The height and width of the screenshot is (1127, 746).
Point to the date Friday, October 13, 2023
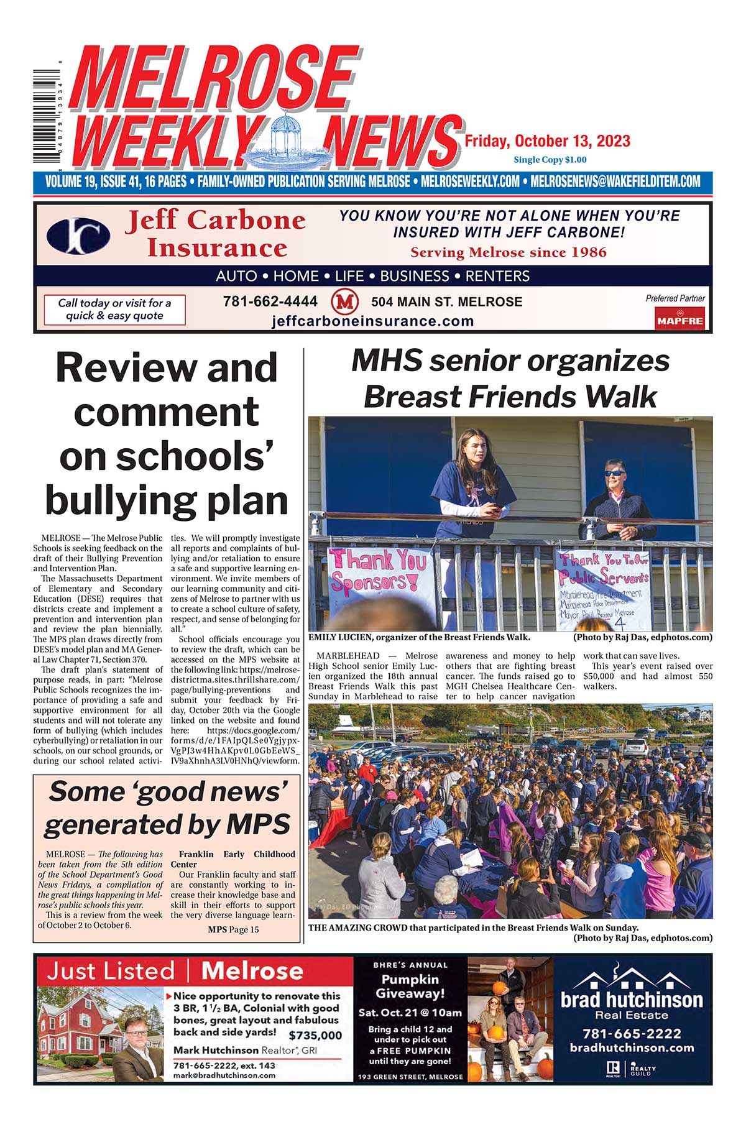point(547,142)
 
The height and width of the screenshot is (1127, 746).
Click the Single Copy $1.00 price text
point(550,160)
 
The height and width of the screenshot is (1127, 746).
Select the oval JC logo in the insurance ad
point(79,236)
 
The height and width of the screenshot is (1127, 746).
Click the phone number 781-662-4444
point(270,301)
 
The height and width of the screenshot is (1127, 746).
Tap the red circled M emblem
point(345,302)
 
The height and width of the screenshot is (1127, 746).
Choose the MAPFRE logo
point(679,320)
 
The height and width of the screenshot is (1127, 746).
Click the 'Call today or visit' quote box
point(114,310)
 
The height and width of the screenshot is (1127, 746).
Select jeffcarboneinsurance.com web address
point(372,321)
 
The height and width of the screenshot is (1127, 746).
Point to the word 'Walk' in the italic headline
point(621,397)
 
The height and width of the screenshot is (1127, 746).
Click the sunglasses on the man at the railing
point(615,473)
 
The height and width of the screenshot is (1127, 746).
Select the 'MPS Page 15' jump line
point(233,929)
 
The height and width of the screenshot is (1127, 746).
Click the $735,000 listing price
point(315,1035)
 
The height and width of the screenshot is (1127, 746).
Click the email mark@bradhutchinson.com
point(224,1075)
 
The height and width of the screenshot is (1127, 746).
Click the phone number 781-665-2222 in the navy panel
point(632,1034)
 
